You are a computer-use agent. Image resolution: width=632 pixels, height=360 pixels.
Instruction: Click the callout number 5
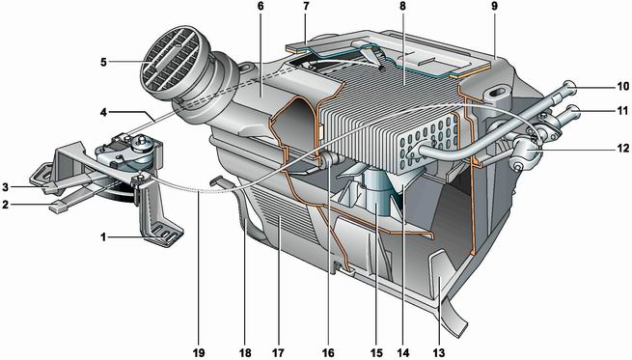click(103, 63)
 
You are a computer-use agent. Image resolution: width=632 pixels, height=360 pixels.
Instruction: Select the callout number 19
click(199, 353)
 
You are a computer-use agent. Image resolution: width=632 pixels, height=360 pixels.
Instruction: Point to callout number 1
click(103, 237)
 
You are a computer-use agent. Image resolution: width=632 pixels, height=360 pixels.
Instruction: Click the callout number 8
click(402, 6)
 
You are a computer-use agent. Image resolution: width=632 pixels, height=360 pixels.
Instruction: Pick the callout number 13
click(438, 353)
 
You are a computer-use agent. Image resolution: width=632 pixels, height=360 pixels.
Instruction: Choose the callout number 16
click(328, 353)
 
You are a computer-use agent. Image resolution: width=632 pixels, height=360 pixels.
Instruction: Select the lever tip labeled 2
click(56, 208)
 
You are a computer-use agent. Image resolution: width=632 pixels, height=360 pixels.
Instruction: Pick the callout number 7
click(306, 6)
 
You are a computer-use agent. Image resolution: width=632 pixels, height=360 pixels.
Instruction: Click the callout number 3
click(5, 186)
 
